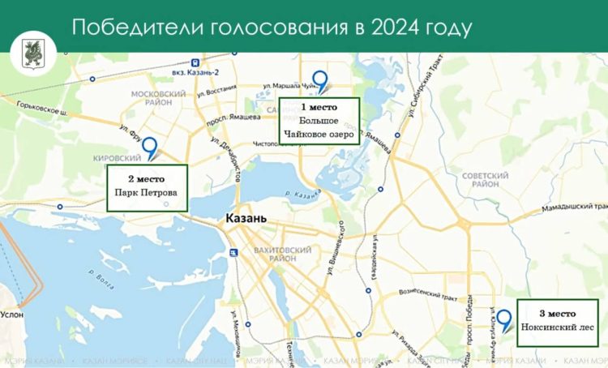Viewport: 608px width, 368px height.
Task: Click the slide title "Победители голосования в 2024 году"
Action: tap(271, 27)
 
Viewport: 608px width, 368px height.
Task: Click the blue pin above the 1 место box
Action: tap(319, 81)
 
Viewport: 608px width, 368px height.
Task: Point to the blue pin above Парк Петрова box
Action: tap(150, 148)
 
